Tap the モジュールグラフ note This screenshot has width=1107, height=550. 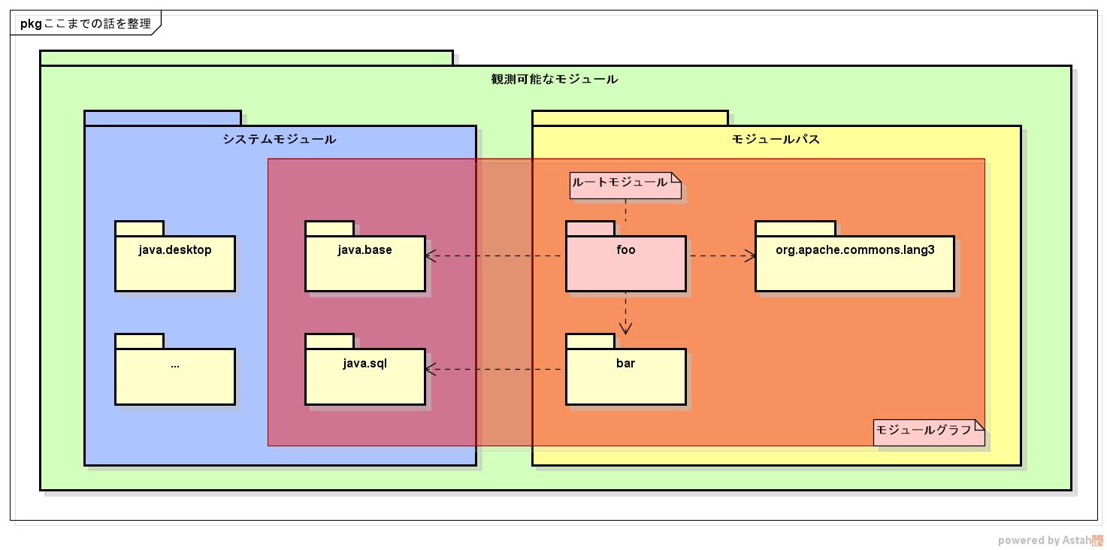click(x=928, y=432)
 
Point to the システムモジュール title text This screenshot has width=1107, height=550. click(x=280, y=139)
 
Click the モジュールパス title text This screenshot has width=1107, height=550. click(x=776, y=139)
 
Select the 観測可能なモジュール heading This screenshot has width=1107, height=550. click(x=555, y=79)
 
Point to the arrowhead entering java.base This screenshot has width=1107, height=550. click(x=431, y=256)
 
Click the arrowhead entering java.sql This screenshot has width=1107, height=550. click(x=431, y=369)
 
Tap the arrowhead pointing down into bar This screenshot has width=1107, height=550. click(x=625, y=328)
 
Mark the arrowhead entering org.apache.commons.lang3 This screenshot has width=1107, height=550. click(x=750, y=256)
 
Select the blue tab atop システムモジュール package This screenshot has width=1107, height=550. click(x=162, y=118)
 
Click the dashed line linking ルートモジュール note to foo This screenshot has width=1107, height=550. click(x=625, y=210)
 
